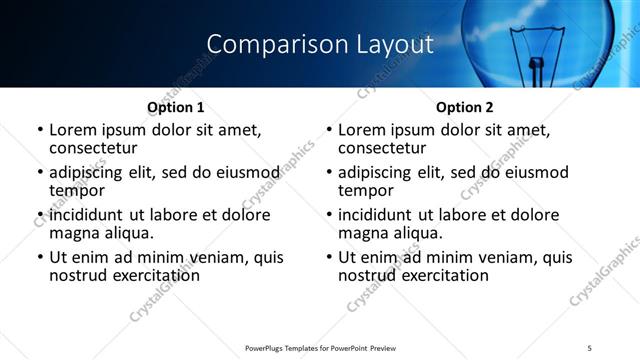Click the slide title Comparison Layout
click(x=320, y=45)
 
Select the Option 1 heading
click(x=175, y=107)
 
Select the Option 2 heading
click(x=464, y=107)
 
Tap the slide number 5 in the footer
click(x=589, y=347)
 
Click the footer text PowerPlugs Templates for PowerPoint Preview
click(x=320, y=347)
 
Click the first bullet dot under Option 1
click(x=40, y=130)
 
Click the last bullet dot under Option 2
click(x=329, y=257)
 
